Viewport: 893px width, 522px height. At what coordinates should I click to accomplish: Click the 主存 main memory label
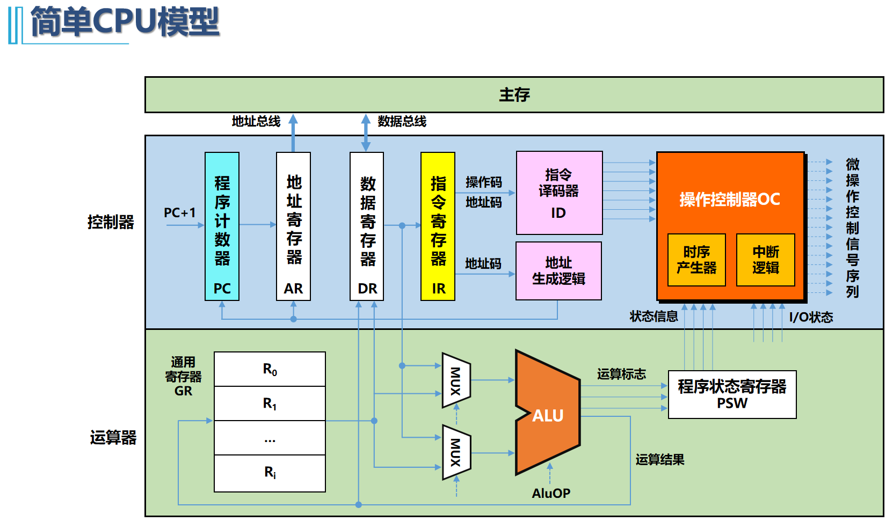(x=514, y=95)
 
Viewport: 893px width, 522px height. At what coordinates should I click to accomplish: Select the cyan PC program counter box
(x=222, y=226)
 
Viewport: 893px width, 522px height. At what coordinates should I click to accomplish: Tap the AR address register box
(x=293, y=226)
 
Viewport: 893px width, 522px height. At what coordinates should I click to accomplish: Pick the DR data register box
(x=367, y=226)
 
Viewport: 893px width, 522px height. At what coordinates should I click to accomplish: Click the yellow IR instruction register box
(x=438, y=226)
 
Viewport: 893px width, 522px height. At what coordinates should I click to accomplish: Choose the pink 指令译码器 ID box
(x=559, y=193)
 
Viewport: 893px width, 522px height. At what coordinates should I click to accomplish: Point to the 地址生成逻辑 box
(x=558, y=270)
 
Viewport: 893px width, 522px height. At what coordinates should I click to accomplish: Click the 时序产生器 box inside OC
(x=696, y=260)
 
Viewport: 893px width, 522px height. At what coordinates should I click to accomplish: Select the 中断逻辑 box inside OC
(x=765, y=260)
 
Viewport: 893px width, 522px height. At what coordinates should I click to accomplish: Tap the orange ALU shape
(x=548, y=413)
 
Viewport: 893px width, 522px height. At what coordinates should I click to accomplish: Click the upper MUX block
(x=456, y=380)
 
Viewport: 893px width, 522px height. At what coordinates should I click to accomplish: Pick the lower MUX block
(x=456, y=452)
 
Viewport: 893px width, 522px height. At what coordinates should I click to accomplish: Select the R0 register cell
(x=270, y=369)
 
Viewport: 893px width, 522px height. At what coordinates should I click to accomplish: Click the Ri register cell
(x=270, y=473)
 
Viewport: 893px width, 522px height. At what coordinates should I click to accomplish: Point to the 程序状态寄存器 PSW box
(x=732, y=394)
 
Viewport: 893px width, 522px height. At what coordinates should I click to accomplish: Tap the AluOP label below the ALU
(x=551, y=493)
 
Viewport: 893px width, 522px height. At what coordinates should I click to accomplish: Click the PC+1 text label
(x=180, y=213)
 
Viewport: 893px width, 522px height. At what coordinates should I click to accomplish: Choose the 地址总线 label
(x=256, y=122)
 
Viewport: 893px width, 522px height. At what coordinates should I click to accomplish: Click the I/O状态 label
(x=811, y=317)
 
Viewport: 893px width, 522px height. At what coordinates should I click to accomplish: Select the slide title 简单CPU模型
(x=125, y=23)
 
